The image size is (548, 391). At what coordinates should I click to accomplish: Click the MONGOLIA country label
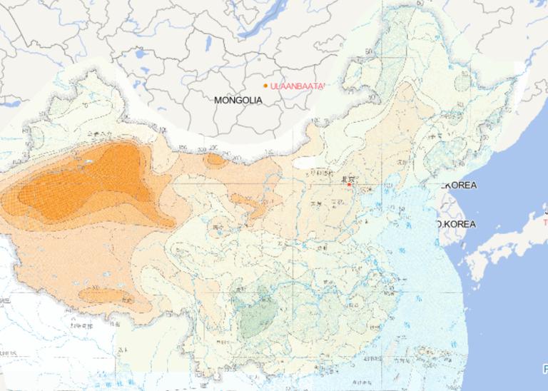click(238, 101)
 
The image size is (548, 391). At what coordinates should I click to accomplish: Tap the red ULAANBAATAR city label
click(298, 86)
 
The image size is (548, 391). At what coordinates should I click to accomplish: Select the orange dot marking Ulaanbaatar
click(265, 86)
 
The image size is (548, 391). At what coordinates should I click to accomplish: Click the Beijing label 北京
click(347, 178)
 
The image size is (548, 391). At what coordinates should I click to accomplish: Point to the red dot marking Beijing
click(349, 185)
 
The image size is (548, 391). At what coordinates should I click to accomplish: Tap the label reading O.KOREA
click(456, 224)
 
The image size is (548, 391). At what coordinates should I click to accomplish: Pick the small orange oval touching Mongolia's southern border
click(214, 160)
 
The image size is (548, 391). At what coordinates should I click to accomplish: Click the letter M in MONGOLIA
click(218, 101)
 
